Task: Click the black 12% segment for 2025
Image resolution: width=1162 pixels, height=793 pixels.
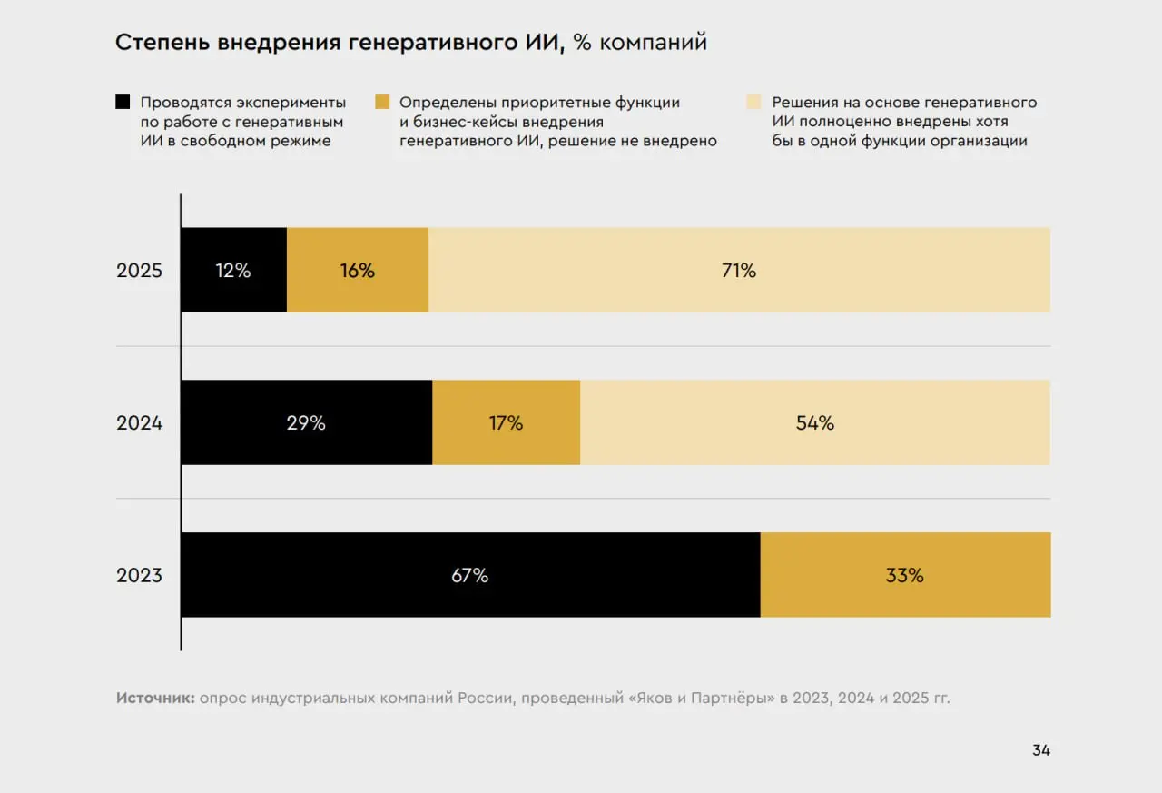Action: pyautogui.click(x=233, y=270)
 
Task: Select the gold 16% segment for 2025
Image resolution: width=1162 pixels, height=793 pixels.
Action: pyautogui.click(x=357, y=270)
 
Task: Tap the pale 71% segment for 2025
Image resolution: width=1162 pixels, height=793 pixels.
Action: pyautogui.click(x=739, y=270)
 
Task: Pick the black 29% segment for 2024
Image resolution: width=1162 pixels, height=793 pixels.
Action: pyautogui.click(x=306, y=422)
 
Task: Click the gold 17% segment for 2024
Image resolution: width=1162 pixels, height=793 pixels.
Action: pyautogui.click(x=506, y=422)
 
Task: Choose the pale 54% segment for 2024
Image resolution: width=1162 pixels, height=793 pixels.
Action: pyautogui.click(x=814, y=422)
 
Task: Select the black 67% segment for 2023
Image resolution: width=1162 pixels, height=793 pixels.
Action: pyautogui.click(x=469, y=575)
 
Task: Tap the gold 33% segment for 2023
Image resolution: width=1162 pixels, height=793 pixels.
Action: pyautogui.click(x=904, y=575)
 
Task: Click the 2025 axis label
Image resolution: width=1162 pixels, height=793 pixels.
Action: pyautogui.click(x=139, y=271)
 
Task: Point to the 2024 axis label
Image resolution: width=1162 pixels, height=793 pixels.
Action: pyautogui.click(x=139, y=422)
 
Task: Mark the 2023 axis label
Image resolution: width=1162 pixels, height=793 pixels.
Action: pyautogui.click(x=139, y=575)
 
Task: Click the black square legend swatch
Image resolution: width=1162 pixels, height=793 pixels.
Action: pyautogui.click(x=123, y=102)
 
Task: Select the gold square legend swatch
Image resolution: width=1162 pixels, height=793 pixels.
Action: pyautogui.click(x=382, y=102)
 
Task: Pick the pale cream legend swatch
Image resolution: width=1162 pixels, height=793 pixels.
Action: pyautogui.click(x=753, y=102)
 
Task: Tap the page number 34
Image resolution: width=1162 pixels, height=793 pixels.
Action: pyautogui.click(x=1040, y=750)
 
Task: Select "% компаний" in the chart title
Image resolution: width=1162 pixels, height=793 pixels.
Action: pyautogui.click(x=640, y=43)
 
